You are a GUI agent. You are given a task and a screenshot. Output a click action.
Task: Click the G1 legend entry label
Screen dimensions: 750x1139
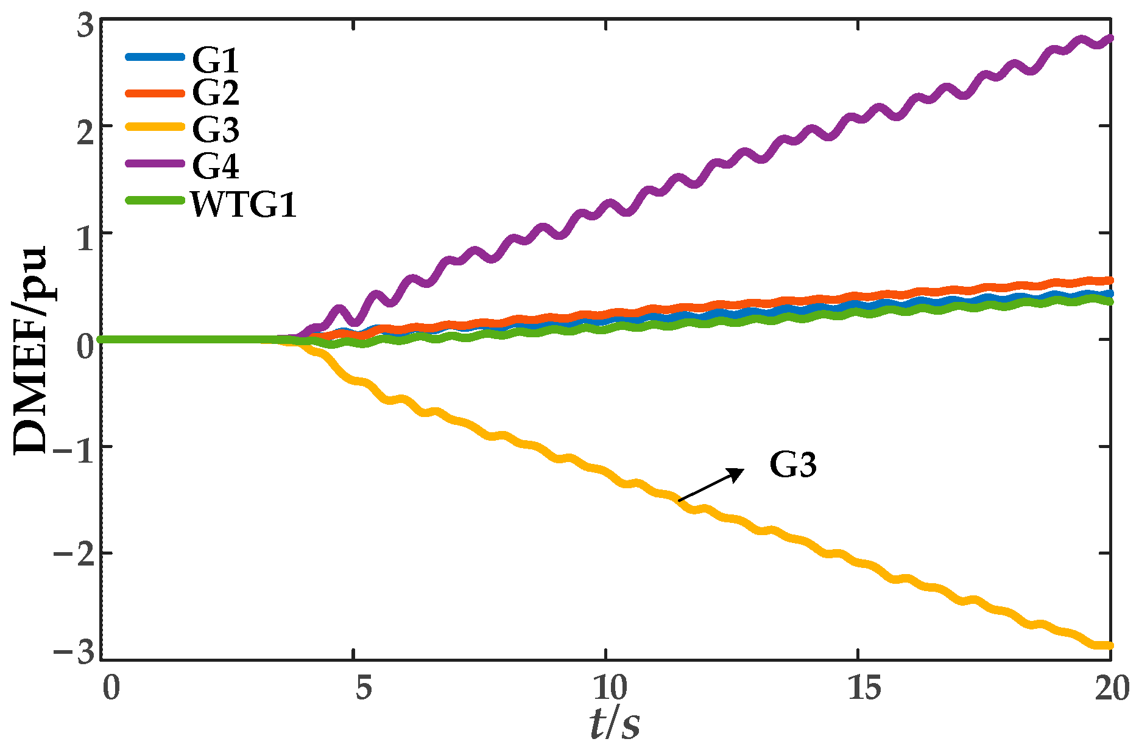click(x=215, y=60)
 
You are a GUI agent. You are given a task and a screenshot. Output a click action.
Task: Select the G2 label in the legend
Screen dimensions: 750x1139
click(x=215, y=93)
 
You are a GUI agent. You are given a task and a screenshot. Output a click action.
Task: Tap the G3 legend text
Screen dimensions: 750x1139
click(x=215, y=129)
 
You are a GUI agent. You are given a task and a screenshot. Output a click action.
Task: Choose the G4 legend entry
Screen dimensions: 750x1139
click(x=215, y=165)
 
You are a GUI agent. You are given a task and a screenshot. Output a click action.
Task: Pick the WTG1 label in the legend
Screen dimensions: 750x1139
click(x=244, y=205)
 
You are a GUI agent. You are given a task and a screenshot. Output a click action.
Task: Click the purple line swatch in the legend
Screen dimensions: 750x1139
click(x=155, y=163)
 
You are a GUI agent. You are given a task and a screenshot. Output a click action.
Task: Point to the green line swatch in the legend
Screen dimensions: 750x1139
click(x=155, y=200)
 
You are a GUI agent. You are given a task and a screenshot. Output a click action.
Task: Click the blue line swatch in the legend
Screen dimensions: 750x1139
click(x=155, y=57)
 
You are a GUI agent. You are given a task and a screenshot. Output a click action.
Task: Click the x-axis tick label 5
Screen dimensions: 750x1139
click(x=364, y=689)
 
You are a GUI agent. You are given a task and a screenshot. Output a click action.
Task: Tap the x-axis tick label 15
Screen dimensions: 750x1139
click(x=864, y=689)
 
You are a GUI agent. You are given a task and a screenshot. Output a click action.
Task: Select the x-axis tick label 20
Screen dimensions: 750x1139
click(x=1111, y=689)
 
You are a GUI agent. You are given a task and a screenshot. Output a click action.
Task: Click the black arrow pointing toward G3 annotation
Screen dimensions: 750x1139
click(x=711, y=485)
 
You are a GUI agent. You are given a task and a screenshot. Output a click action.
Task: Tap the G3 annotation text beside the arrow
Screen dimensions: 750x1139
click(x=792, y=465)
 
